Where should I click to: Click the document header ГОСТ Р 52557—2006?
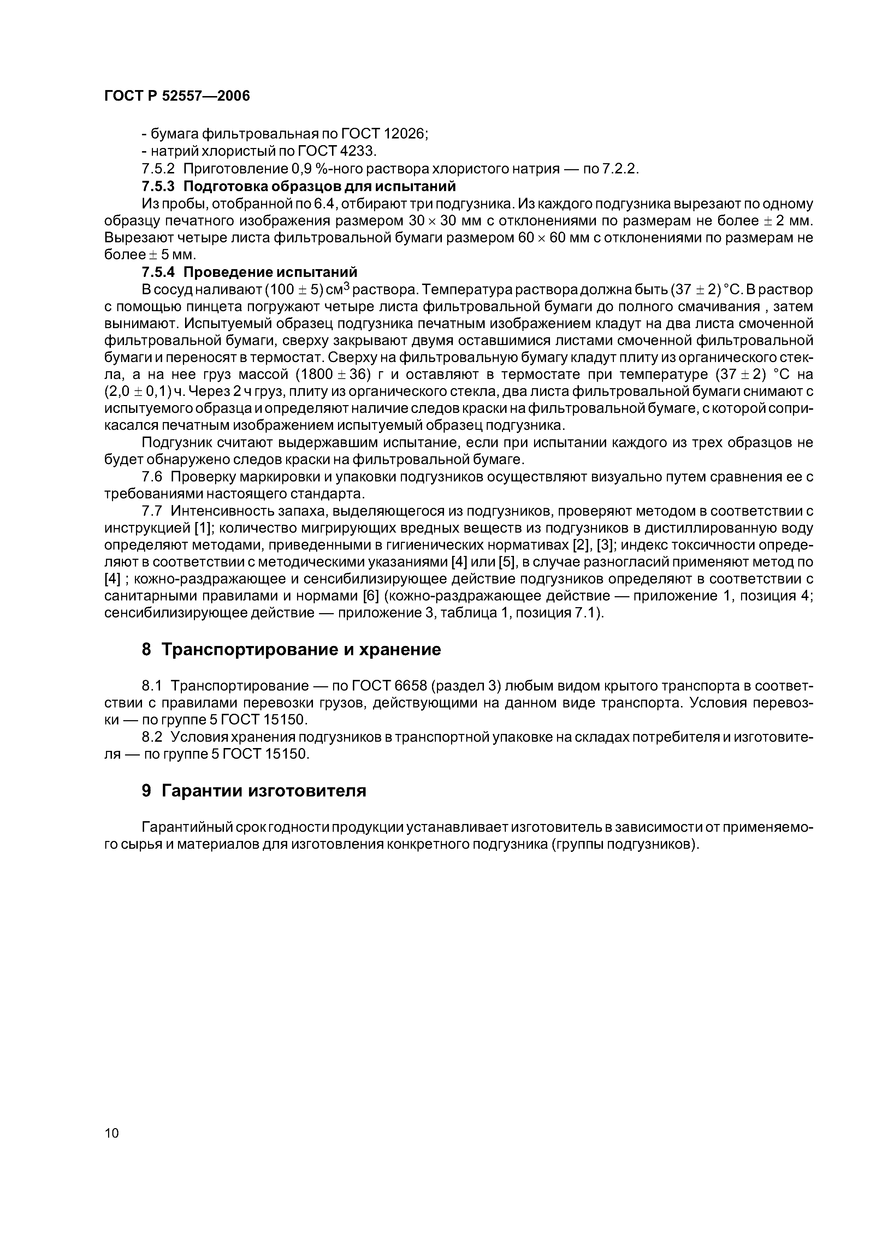pos(177,96)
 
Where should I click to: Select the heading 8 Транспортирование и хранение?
pos(291,650)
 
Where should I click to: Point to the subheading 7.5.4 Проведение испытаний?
pos(249,272)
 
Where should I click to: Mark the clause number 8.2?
pos(152,737)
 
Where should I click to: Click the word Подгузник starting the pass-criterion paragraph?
pos(176,443)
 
